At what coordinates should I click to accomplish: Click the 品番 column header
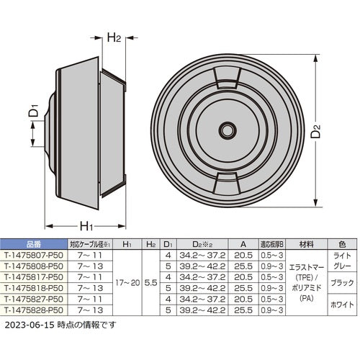click(33, 245)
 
